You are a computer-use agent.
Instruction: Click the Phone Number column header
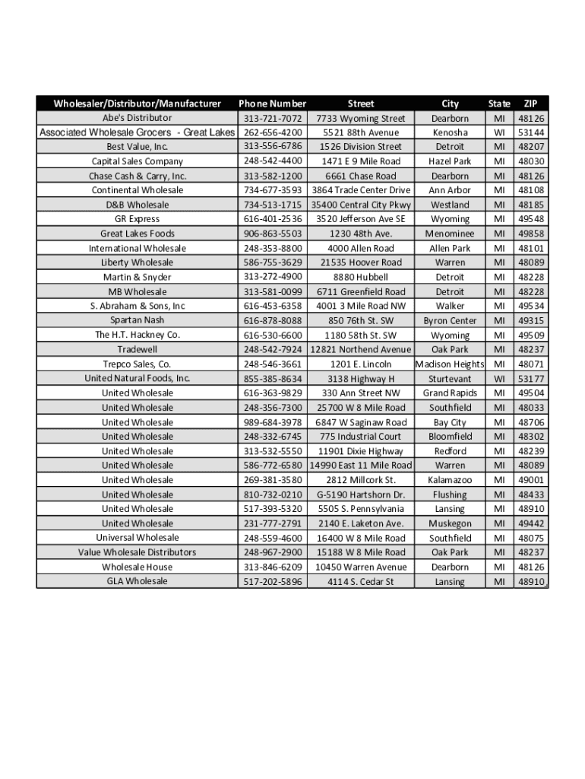[272, 103]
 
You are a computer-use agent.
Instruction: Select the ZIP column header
[531, 103]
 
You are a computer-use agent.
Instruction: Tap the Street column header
[361, 103]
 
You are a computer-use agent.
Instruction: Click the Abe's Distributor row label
[138, 118]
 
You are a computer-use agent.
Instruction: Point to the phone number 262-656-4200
[273, 132]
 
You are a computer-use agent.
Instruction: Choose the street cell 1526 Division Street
[361, 147]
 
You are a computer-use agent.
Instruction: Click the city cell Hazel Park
[450, 161]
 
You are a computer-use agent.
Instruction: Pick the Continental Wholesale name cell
[138, 190]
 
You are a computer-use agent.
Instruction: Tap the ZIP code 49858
[531, 234]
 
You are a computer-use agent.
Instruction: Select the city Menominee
[450, 234]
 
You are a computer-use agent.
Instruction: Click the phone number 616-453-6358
[273, 306]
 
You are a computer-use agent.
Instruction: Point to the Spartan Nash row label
[138, 320]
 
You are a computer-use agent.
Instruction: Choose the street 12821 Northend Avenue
[361, 349]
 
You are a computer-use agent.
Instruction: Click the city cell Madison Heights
[450, 364]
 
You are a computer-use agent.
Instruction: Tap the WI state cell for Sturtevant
[498, 379]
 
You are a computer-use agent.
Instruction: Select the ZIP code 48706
[531, 422]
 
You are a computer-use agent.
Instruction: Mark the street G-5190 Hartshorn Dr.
[361, 494]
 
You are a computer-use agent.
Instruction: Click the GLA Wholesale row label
[138, 581]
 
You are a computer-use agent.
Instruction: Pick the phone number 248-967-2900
[273, 552]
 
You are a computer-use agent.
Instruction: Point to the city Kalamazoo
[450, 480]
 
